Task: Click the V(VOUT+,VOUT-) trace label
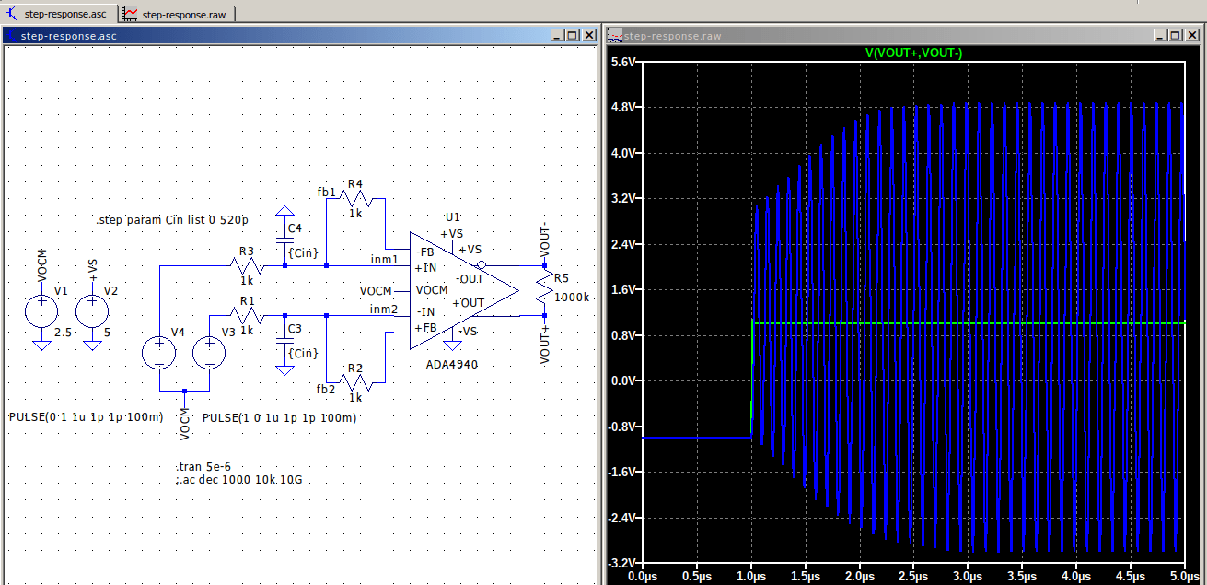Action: click(913, 53)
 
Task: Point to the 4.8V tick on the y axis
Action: click(625, 108)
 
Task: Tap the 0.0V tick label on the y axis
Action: click(625, 380)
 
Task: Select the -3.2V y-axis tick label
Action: click(623, 562)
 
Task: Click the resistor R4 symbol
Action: click(355, 197)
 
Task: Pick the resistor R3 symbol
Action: click(247, 266)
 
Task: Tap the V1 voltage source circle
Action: click(41, 310)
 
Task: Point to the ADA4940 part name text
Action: click(452, 364)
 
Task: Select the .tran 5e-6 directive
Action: click(203, 467)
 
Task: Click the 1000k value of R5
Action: click(571, 298)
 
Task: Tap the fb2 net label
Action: click(325, 389)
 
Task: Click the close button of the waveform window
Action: click(1191, 35)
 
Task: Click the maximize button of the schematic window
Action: click(572, 35)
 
